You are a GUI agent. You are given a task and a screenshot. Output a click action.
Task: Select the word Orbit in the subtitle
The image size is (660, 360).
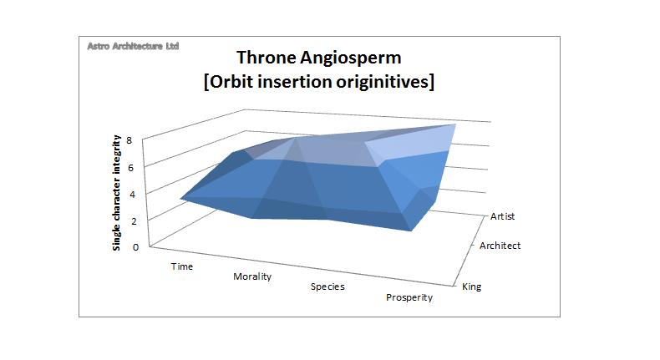point(242,84)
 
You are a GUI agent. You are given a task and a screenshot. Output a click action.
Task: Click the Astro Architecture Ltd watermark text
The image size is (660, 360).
point(133,47)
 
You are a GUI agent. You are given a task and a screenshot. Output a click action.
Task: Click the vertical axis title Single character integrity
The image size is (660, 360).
point(118,192)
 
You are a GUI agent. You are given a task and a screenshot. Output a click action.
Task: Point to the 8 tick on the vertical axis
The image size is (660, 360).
point(140,139)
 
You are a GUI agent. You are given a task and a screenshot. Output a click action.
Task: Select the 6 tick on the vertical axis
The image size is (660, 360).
point(140,167)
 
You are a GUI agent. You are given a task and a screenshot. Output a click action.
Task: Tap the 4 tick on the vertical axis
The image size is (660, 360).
point(140,194)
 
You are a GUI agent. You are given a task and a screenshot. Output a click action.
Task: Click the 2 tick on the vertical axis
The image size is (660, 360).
point(140,221)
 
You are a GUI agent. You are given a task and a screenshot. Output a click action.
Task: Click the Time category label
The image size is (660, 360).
point(181,266)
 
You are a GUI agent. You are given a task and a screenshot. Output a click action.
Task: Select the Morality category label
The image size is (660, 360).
point(246,276)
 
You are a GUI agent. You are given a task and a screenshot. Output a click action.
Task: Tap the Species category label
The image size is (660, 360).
point(327,286)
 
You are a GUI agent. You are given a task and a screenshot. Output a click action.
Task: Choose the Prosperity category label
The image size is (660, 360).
point(409,298)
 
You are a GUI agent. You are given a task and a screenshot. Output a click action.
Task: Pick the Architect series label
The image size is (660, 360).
point(500,246)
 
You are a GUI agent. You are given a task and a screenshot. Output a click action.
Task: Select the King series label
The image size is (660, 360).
point(471,286)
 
